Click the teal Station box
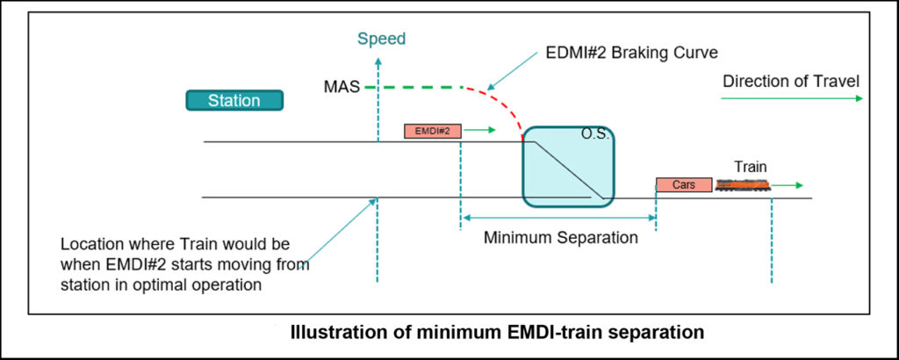tap(234, 101)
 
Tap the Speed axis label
tap(381, 39)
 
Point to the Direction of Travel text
tap(790, 82)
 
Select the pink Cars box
tap(683, 184)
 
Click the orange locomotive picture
tap(743, 185)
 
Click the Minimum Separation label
tap(561, 237)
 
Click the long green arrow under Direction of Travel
tap(791, 98)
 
